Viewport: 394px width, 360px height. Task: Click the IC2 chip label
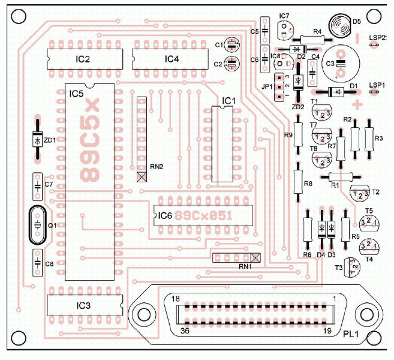tap(83, 59)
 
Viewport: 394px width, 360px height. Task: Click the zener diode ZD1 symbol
tap(37, 140)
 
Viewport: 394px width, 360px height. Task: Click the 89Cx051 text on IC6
tap(207, 215)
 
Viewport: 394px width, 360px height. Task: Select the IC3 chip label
tap(83, 305)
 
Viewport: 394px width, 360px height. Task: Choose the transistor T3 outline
tap(354, 265)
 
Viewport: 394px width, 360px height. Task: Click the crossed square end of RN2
tap(142, 176)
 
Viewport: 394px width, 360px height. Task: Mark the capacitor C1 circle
tap(232, 44)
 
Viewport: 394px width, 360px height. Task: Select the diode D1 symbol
tap(336, 91)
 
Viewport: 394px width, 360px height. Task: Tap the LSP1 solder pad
tap(375, 92)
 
